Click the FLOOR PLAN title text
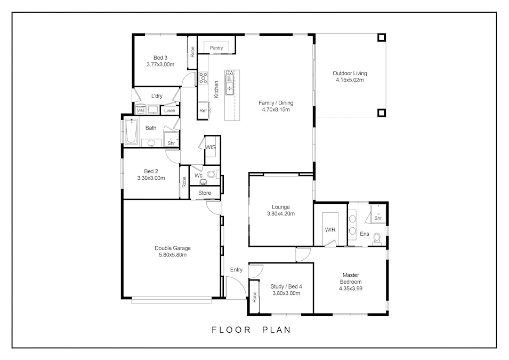pyautogui.click(x=252, y=330)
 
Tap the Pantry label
pyautogui.click(x=216, y=48)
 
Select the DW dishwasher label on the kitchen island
pyautogui.click(x=230, y=73)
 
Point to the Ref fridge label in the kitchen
pyautogui.click(x=203, y=111)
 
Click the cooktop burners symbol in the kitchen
pyautogui.click(x=203, y=78)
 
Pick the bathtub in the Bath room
pyautogui.click(x=131, y=132)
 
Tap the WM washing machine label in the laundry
pyautogui.click(x=141, y=110)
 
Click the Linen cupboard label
pyautogui.click(x=169, y=111)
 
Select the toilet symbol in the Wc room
pyautogui.click(x=212, y=174)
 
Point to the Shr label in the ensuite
pyautogui.click(x=378, y=218)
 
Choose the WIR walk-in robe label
pyautogui.click(x=330, y=230)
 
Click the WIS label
pyautogui.click(x=210, y=147)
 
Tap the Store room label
pyautogui.click(x=205, y=193)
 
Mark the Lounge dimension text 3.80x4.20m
pyautogui.click(x=281, y=214)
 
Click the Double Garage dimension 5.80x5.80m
pyautogui.click(x=173, y=255)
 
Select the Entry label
pyautogui.click(x=236, y=270)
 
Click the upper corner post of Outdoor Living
pyautogui.click(x=382, y=38)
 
